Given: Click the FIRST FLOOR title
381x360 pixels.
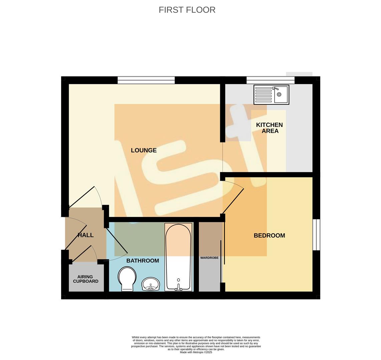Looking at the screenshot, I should tap(187, 10).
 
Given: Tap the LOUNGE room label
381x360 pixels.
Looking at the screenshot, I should tap(144, 150).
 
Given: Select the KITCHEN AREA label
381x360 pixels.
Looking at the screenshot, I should tap(270, 128).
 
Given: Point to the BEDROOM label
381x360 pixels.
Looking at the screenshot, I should tap(269, 235).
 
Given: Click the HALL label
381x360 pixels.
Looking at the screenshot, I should tap(86, 235).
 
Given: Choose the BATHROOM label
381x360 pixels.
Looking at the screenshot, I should tap(142, 261).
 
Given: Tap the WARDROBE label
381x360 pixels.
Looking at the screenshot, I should tap(209, 258).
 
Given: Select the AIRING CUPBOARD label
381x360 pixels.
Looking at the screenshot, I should tap(86, 279).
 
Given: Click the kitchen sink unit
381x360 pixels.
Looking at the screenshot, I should tap(271, 95).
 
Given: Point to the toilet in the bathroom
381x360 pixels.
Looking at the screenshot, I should tap(127, 279).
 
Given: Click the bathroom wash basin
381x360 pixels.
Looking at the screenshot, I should tap(151, 284).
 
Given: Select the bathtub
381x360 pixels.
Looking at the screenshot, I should tap(178, 257).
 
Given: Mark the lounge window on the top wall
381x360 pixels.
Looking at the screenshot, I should tap(146, 80).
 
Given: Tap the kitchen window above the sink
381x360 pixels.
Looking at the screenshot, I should tap(271, 80).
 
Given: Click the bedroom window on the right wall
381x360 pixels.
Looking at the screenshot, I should tap(316, 235).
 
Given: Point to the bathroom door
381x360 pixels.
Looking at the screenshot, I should tap(117, 241).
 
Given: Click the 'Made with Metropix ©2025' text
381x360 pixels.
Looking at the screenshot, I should tap(196, 352).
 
